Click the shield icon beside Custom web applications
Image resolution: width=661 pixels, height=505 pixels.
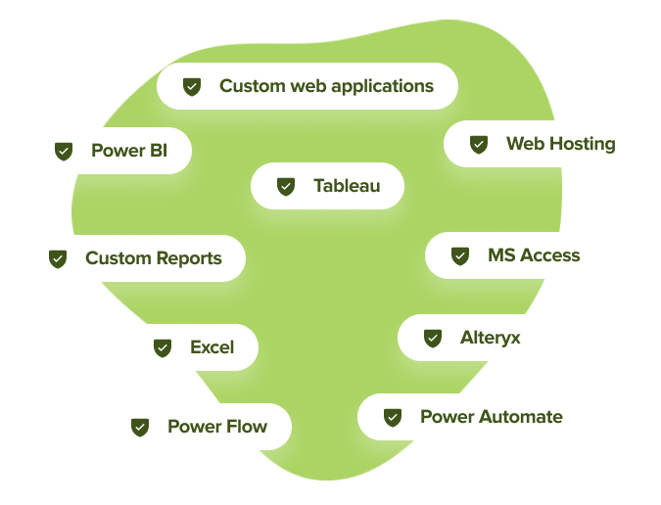[192, 86]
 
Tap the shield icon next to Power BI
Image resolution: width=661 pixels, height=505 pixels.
[64, 151]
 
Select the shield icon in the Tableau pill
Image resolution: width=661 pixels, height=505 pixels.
[286, 185]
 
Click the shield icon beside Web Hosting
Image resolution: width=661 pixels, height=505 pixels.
[479, 144]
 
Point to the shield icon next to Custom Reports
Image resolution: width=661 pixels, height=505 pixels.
[58, 258]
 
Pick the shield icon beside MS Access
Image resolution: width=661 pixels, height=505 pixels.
[460, 255]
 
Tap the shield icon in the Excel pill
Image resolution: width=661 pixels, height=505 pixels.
[163, 347]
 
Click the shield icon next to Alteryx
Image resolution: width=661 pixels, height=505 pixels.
[433, 338]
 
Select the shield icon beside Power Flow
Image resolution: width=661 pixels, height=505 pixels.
[140, 427]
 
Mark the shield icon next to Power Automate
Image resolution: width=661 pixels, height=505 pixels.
[393, 417]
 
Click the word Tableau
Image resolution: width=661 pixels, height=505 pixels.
[347, 185]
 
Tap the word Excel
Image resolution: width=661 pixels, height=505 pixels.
[212, 347]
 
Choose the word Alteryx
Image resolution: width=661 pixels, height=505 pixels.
[491, 338]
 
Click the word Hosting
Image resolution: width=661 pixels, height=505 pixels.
[582, 144]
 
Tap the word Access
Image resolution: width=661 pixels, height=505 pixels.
[549, 255]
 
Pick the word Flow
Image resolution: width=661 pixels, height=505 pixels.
[246, 427]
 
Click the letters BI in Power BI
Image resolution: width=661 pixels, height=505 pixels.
[158, 151]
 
